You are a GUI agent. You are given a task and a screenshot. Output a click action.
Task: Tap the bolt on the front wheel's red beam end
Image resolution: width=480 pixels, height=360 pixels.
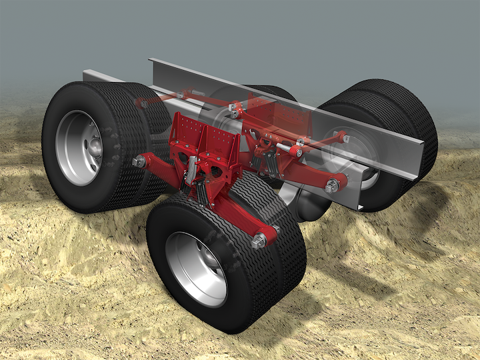pos(259,239)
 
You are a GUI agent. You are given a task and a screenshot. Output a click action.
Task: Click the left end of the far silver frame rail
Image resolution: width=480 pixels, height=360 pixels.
pos(93,75)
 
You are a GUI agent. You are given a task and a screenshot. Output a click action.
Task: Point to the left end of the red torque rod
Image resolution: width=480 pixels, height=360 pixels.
pos(142,103)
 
